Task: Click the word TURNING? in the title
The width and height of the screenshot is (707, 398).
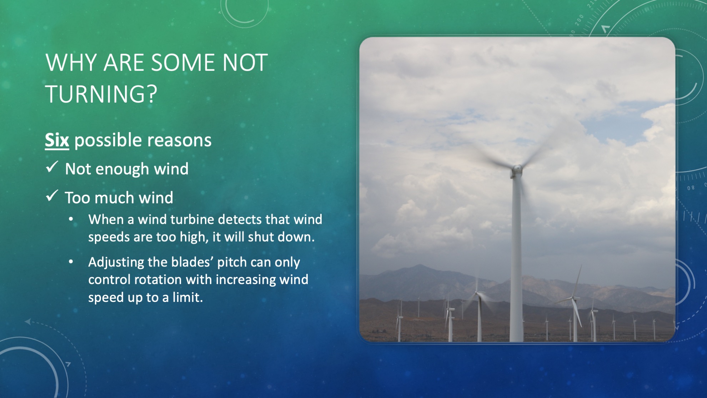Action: tap(101, 94)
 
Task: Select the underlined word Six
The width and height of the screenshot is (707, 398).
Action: tap(57, 140)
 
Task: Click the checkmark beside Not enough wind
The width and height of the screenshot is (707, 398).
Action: tap(52, 167)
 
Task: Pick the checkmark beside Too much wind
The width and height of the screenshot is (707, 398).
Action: tap(52, 196)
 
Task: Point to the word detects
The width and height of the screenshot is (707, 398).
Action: tap(240, 219)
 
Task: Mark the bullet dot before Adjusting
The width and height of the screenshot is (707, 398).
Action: tap(71, 262)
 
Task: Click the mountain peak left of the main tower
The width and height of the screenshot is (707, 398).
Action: tap(420, 266)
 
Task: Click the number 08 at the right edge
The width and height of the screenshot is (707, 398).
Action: tap(691, 188)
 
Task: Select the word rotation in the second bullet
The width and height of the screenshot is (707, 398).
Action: tap(158, 280)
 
